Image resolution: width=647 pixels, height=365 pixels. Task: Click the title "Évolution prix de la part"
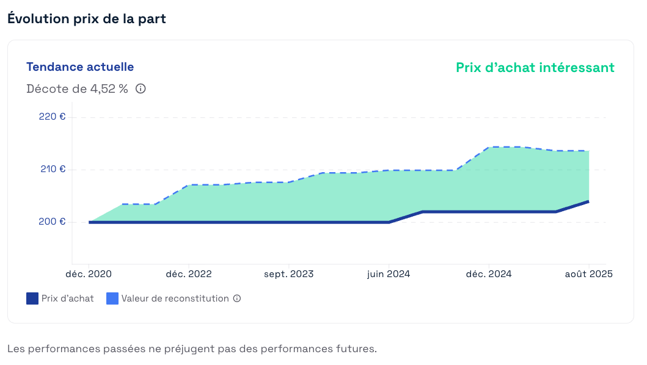click(x=87, y=19)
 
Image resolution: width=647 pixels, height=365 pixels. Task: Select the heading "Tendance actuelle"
click(x=80, y=67)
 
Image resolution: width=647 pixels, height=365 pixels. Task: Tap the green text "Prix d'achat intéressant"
click(x=535, y=68)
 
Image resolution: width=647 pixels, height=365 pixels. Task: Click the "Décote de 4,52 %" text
click(x=77, y=89)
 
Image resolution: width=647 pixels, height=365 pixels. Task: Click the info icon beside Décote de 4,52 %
click(x=141, y=89)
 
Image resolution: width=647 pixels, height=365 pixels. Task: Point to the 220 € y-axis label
click(x=52, y=117)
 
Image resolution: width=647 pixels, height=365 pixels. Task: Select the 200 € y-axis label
click(x=52, y=222)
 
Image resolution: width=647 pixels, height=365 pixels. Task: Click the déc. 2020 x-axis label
click(x=89, y=274)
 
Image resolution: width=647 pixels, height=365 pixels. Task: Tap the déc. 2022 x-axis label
click(x=189, y=274)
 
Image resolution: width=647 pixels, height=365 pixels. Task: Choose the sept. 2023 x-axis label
click(x=288, y=274)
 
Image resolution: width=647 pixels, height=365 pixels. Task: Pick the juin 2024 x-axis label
click(x=389, y=274)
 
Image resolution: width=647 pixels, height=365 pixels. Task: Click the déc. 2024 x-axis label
click(x=489, y=274)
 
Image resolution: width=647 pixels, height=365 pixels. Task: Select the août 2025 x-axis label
click(x=588, y=274)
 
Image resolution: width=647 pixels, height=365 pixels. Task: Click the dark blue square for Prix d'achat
click(x=32, y=298)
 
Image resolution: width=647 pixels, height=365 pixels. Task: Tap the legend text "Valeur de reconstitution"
click(x=175, y=298)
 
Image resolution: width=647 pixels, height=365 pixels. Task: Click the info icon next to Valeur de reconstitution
click(x=237, y=298)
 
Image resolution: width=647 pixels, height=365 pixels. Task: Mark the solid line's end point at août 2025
click(x=588, y=201)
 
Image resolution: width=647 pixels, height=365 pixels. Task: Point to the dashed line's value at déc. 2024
click(x=489, y=148)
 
